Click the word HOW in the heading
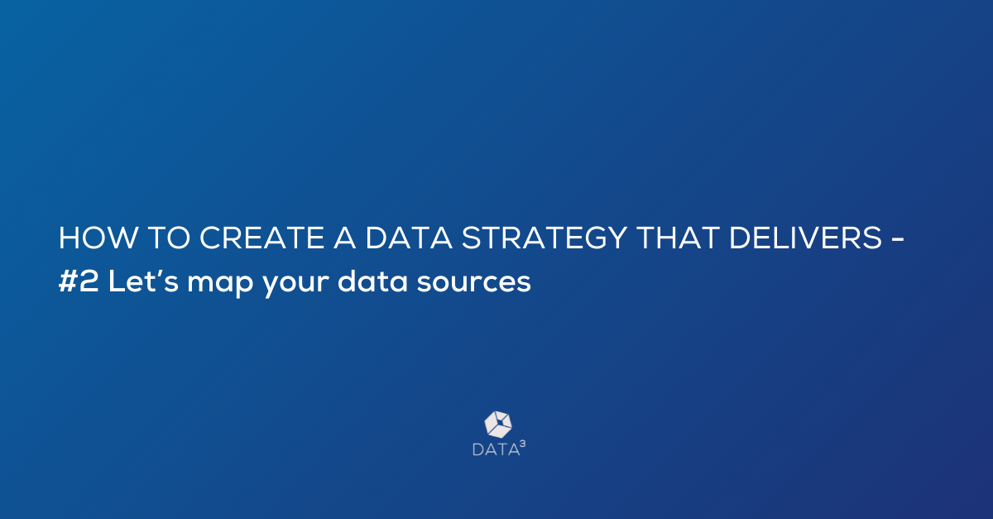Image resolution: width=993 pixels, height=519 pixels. pos(98,238)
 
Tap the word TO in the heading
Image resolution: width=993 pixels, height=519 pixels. pos(170,238)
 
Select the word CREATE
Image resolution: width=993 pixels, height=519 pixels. pos(262,238)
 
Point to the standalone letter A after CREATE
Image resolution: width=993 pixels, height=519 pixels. pos(344,238)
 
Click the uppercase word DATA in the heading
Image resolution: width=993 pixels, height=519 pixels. pos(408,238)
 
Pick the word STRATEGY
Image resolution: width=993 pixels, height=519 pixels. pos(544,238)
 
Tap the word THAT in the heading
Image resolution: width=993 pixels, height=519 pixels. pos(678,238)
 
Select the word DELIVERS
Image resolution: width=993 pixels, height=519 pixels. pos(805,238)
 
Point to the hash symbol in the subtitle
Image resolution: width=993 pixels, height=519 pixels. pos(68,281)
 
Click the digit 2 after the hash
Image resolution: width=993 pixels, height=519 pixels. pos(89,281)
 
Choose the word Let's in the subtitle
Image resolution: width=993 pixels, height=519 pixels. pos(143,281)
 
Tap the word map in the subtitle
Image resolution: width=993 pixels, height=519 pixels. pos(220,284)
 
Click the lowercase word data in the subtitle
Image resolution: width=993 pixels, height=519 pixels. pos(372,281)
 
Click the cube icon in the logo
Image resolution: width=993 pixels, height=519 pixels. pos(498,425)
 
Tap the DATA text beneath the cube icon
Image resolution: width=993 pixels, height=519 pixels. pos(496,449)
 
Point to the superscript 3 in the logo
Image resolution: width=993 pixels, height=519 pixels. pos(523,444)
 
